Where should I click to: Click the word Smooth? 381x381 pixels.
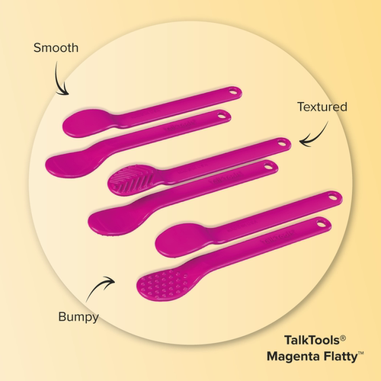pos(56,48)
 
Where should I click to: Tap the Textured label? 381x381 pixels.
pos(322,107)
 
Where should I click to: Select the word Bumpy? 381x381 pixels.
pos(78,317)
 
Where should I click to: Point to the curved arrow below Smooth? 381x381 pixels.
pos(59,82)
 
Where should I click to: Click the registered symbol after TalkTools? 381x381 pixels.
pos(343,338)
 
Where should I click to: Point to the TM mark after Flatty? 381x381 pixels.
pos(360,354)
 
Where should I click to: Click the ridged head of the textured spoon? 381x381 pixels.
pos(132,180)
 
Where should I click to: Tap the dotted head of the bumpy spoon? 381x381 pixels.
pos(162,285)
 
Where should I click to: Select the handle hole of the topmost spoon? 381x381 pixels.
pos(232,91)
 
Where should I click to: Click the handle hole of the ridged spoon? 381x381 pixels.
pos(281,143)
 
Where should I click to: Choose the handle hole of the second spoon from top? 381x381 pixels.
pos(223,116)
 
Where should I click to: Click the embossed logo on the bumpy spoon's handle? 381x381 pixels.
pos(279,236)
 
